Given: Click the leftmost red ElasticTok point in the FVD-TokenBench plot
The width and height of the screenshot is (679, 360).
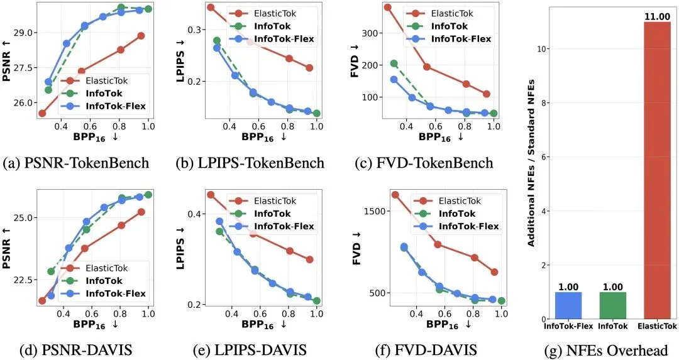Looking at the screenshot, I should [388, 8].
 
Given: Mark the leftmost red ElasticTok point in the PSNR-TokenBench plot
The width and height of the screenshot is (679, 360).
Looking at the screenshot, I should [42, 113].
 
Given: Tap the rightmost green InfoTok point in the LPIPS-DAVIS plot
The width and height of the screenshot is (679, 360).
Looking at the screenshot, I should [316, 301].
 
